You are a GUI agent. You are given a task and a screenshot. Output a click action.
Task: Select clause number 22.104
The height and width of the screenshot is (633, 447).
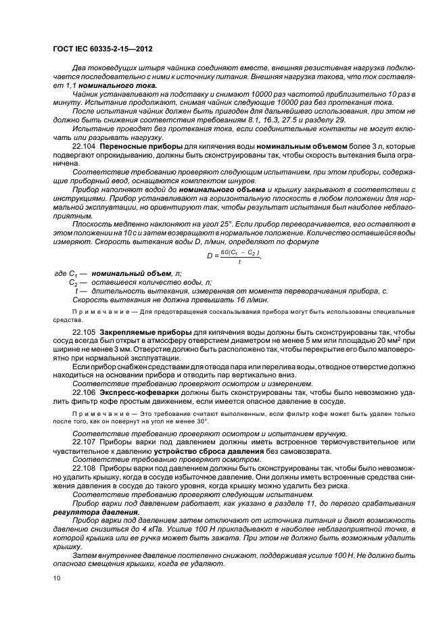[x=85, y=145]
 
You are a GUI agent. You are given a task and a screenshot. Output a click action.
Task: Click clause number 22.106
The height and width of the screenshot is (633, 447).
[x=85, y=392]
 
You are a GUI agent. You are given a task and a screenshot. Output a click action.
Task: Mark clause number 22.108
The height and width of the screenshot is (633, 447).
[x=85, y=467]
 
